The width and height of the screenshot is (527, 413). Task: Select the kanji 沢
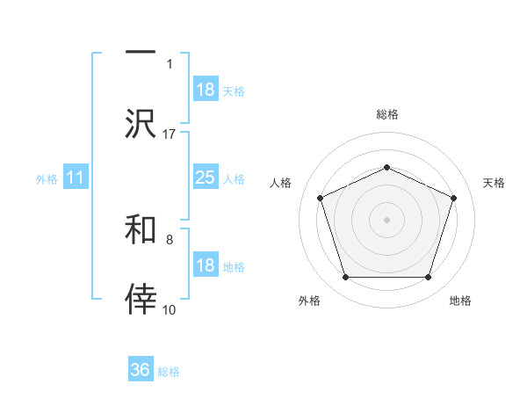pos(141,123)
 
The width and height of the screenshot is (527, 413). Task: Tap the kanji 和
pos(141,229)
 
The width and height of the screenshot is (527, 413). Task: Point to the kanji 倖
pos(141,300)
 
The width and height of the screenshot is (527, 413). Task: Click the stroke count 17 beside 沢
pos(170,134)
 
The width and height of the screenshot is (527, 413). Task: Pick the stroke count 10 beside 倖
pos(170,309)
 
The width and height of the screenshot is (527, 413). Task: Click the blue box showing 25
pos(205,178)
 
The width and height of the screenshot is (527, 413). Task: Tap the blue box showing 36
pos(141,370)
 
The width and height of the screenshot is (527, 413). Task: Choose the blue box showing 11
pos(76,178)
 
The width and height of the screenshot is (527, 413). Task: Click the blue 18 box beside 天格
pos(205,90)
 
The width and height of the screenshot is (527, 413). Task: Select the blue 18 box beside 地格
pos(205,265)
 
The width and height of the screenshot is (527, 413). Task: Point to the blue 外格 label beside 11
pos(47,179)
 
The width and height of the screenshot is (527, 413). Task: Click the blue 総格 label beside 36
pos(169,372)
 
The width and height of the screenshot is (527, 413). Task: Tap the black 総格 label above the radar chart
pos(386,114)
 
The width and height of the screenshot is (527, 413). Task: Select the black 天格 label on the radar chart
pos(494,183)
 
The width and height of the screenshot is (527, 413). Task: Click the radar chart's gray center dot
pos(386,219)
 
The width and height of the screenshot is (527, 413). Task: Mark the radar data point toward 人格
pos(320,197)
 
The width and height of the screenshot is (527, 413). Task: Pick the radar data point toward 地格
pos(428,277)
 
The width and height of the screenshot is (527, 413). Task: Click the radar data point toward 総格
pos(386,167)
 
